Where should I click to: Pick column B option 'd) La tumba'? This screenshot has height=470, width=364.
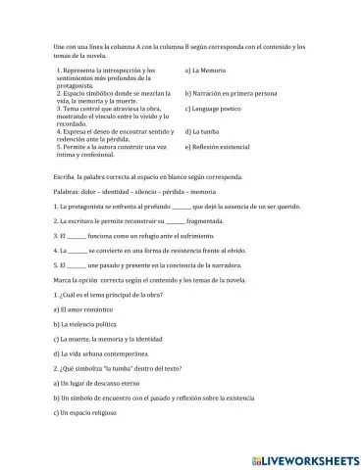click(204, 129)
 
